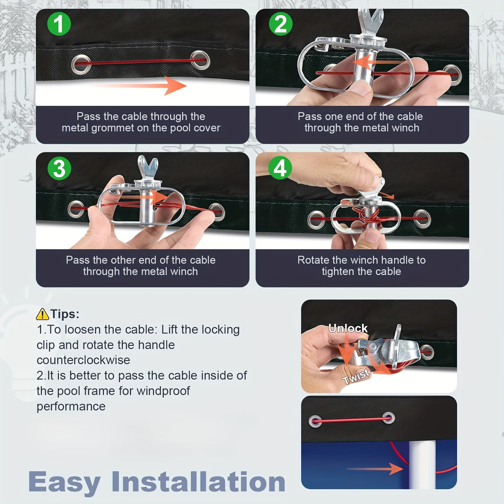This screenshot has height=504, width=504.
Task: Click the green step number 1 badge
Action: tap(59, 24)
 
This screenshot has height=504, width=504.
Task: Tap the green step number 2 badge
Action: tap(281, 24)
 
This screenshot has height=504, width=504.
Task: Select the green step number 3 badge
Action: tap(59, 168)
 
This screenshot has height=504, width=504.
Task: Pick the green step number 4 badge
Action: tap(280, 167)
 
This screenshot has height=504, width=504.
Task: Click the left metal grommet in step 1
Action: tap(81, 64)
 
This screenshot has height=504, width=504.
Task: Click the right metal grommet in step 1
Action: tap(200, 60)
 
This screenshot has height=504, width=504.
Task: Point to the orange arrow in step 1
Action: tap(141, 86)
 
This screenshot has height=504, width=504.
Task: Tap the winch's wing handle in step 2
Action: tap(371, 21)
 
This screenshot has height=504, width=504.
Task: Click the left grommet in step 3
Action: tap(76, 209)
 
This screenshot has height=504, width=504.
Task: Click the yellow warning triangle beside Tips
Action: tap(42, 314)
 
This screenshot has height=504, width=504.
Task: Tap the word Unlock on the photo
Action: tap(348, 328)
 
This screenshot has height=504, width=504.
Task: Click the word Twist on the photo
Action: tap(356, 376)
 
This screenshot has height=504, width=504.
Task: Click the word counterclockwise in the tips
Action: tap(83, 360)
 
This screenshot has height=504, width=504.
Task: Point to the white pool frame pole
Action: tap(422, 465)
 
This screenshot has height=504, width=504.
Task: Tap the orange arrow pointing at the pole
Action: tap(375, 469)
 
